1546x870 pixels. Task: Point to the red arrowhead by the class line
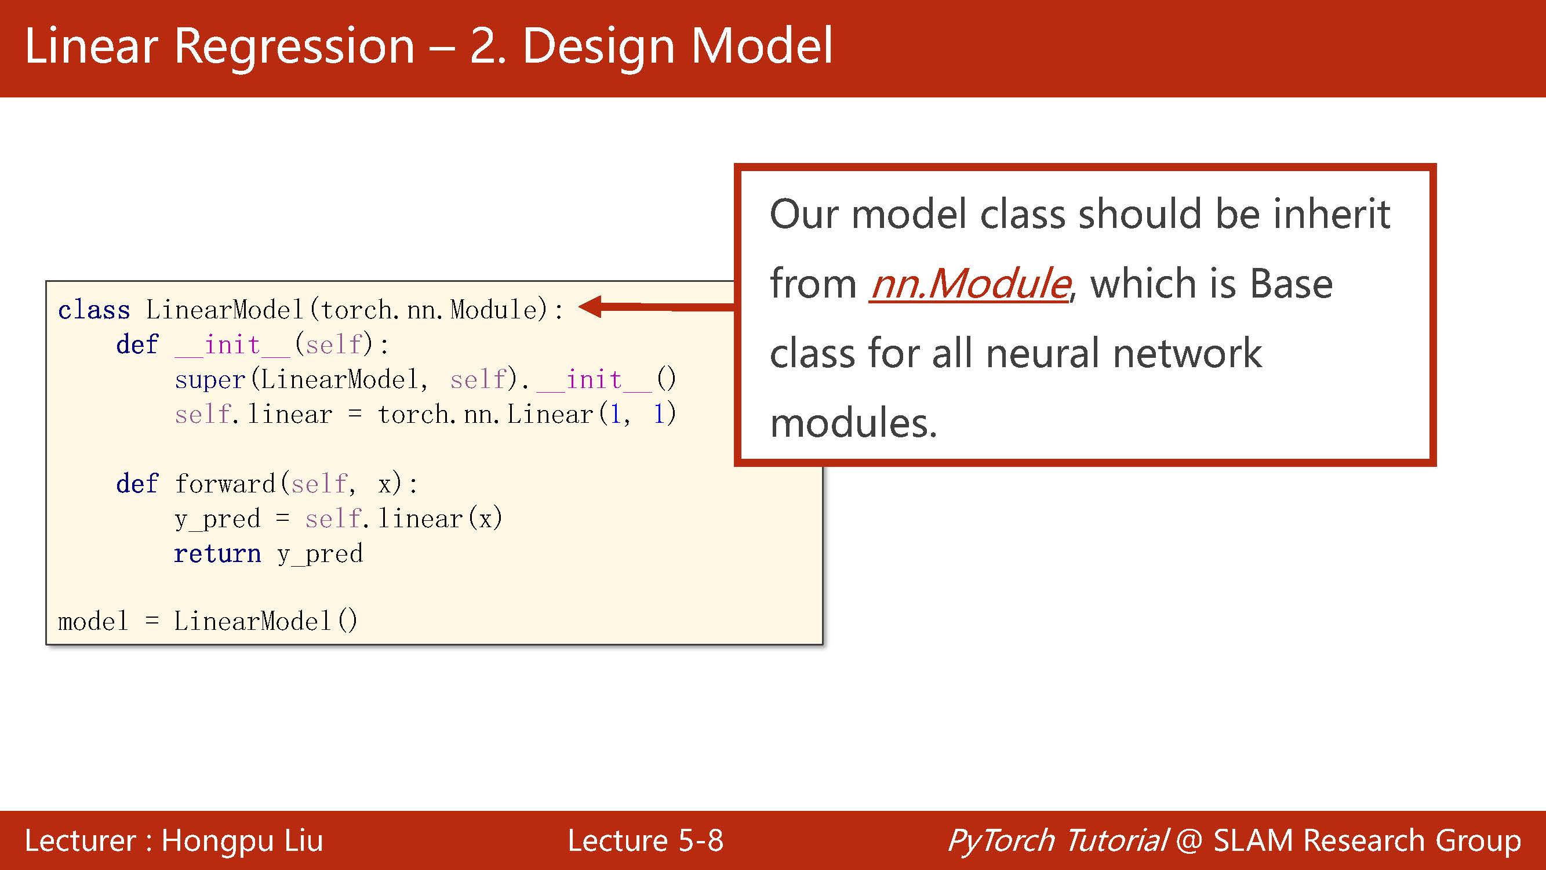591,307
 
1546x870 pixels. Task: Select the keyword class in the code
94,310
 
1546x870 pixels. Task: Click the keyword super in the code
210,379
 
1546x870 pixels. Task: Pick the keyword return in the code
217,553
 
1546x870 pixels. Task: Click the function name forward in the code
225,483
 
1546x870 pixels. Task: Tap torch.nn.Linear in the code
486,414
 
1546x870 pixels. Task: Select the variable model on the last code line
93,621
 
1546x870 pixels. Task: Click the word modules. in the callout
853,423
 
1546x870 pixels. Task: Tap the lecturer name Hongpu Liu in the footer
242,840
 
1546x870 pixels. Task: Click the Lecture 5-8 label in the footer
645,840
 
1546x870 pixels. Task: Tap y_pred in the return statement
320,554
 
